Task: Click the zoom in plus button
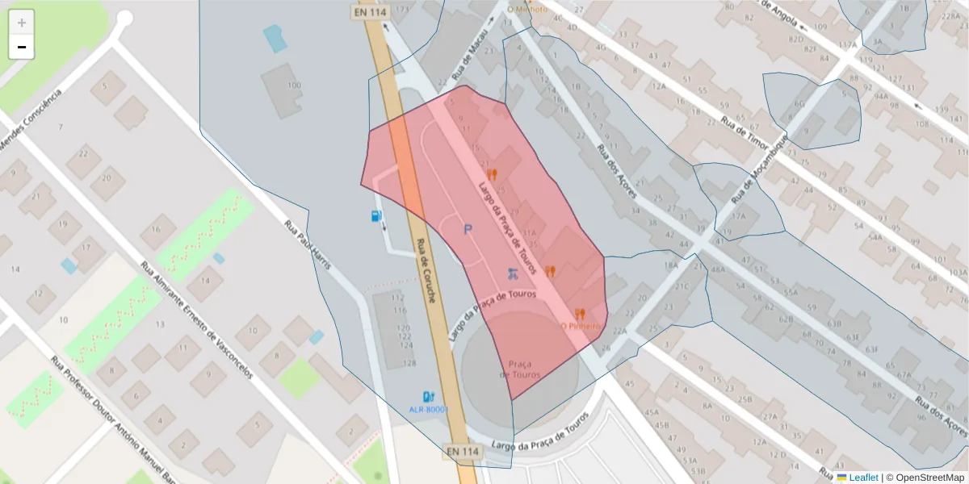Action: [x=22, y=23]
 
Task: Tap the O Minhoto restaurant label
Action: [x=527, y=9]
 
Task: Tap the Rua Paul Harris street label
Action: [x=309, y=245]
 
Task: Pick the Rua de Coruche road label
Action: [x=426, y=270]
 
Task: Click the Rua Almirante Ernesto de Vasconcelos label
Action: [x=196, y=319]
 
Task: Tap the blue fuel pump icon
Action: [x=376, y=216]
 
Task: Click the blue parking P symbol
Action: [x=467, y=230]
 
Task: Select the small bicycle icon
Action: [x=511, y=273]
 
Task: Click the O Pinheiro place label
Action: [x=581, y=327]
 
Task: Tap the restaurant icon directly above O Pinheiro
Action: [x=580, y=313]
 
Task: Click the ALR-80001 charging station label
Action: [x=428, y=410]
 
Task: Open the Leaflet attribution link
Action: [x=862, y=478]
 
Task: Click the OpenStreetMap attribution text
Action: [x=925, y=478]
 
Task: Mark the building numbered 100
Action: [x=294, y=86]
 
